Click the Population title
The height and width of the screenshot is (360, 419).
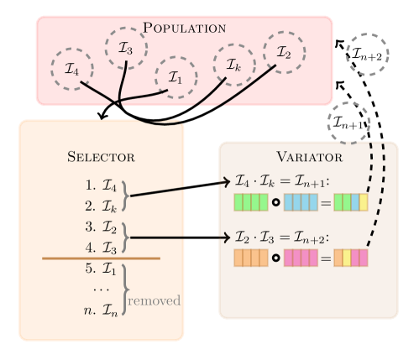(184, 27)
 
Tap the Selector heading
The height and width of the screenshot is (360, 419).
(101, 156)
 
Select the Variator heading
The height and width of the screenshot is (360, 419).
(309, 156)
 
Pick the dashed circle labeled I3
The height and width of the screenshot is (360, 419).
(126, 48)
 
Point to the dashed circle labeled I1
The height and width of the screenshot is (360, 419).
(175, 77)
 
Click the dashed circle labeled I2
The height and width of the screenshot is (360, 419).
(284, 52)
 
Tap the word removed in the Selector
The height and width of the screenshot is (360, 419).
(155, 300)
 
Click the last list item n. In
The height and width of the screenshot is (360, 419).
(101, 311)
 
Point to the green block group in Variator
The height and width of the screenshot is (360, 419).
(250, 202)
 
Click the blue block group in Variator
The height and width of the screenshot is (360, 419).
(301, 202)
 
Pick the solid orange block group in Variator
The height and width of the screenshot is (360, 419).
(250, 258)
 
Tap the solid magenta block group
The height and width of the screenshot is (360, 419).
(301, 258)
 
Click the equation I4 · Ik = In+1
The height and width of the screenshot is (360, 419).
(285, 182)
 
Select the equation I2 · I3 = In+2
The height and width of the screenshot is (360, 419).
(285, 237)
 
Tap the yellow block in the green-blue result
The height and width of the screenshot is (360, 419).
(364, 202)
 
